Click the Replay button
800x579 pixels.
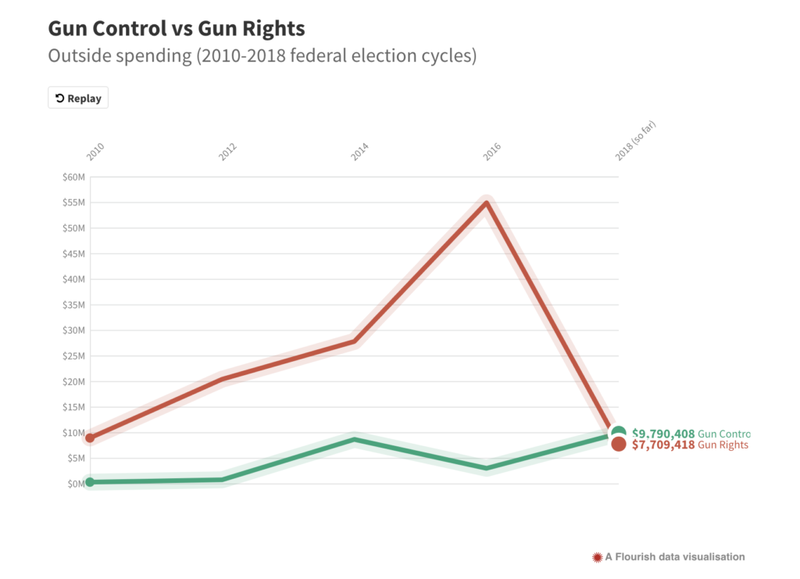[x=78, y=98]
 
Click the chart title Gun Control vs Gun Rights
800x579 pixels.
[x=177, y=28]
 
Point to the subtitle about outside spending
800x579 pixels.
[x=262, y=56]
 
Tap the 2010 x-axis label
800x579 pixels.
[x=95, y=152]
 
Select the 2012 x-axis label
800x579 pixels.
[x=228, y=152]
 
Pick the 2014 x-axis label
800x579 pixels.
[x=360, y=152]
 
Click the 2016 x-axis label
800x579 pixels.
[x=492, y=152]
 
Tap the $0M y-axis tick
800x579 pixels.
[x=75, y=484]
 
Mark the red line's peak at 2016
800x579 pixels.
[x=487, y=203]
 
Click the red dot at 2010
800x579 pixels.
[x=90, y=438]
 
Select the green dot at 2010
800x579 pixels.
[x=90, y=482]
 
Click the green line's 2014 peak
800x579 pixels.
[x=355, y=439]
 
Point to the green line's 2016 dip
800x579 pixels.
[x=487, y=468]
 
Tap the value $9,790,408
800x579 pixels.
[x=663, y=433]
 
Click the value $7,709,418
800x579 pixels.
[x=663, y=445]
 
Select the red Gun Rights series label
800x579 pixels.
[x=723, y=445]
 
